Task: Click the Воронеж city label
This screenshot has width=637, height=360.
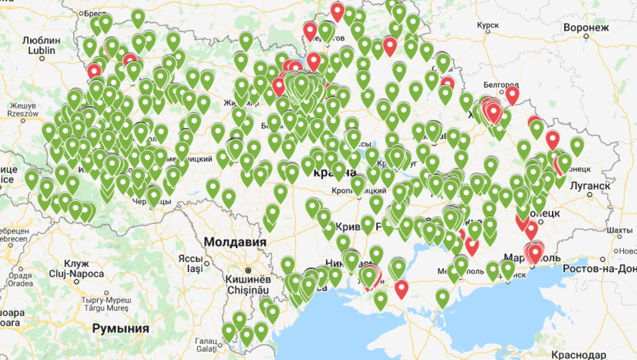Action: (586, 28)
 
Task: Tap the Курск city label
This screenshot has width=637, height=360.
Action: (487, 25)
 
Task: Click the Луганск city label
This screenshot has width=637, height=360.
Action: (590, 185)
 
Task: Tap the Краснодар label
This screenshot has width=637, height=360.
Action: (578, 355)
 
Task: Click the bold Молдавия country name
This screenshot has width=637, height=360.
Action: (235, 242)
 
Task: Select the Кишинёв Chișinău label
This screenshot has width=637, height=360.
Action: (249, 285)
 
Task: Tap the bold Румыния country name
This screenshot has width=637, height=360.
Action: (120, 329)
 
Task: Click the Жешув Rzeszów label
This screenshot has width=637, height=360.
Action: (23, 108)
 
